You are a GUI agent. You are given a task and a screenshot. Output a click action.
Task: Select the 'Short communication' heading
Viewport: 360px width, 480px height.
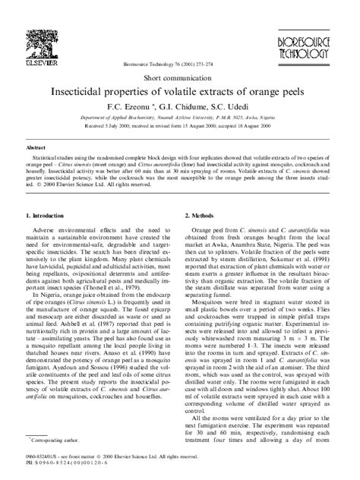180,77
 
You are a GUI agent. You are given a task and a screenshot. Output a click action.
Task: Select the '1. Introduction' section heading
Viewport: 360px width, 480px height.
51,217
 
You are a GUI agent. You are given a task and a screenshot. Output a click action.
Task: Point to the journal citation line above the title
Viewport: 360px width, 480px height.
180,66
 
